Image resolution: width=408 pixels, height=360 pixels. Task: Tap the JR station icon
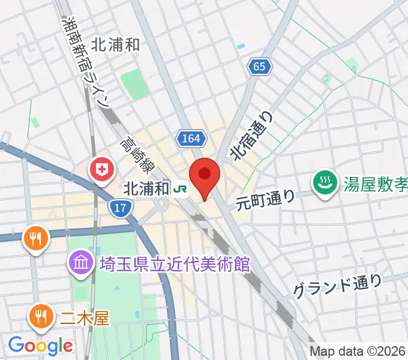coord(179,189)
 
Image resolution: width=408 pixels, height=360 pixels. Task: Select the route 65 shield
coord(259,67)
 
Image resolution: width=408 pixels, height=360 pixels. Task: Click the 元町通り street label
coord(266,199)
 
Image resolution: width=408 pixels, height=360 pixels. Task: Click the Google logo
coord(40,346)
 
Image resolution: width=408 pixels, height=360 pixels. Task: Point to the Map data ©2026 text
coord(358,352)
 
